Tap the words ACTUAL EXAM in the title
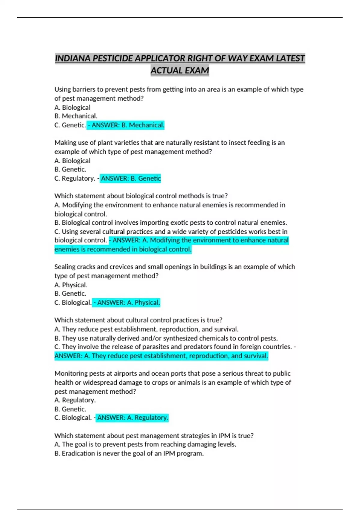(x=180, y=70)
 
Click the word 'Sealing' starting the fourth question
(x=64, y=267)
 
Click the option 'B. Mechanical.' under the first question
(x=76, y=116)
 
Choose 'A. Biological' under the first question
(x=72, y=107)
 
